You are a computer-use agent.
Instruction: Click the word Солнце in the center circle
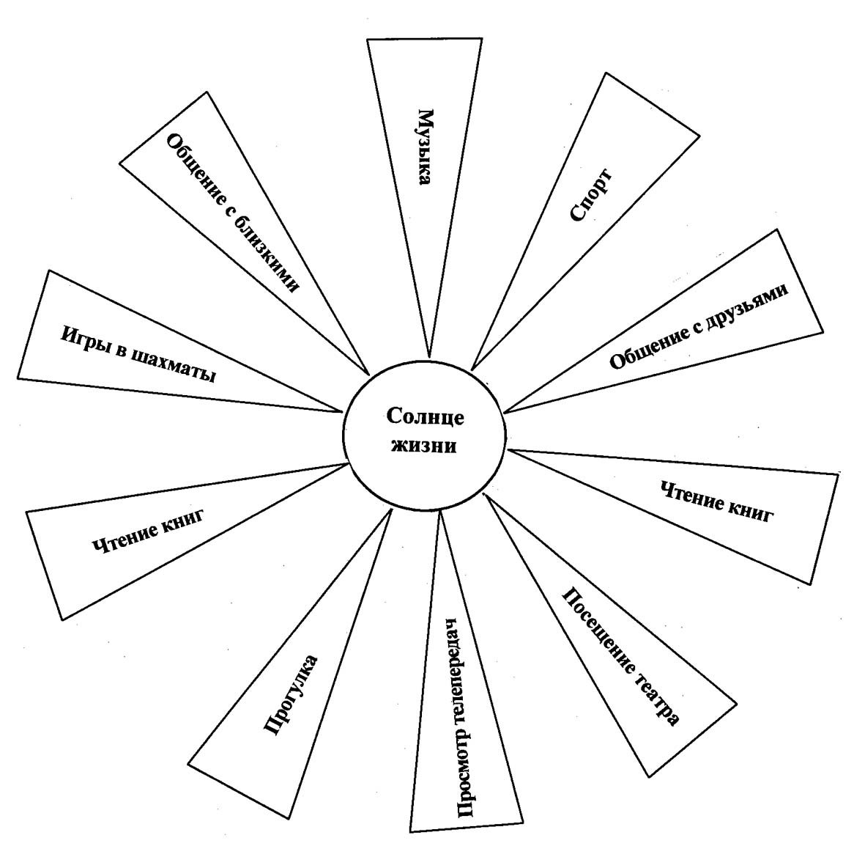pyautogui.click(x=425, y=417)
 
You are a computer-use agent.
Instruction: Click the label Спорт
pyautogui.click(x=590, y=195)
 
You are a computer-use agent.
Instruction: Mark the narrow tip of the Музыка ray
pyautogui.click(x=429, y=356)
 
